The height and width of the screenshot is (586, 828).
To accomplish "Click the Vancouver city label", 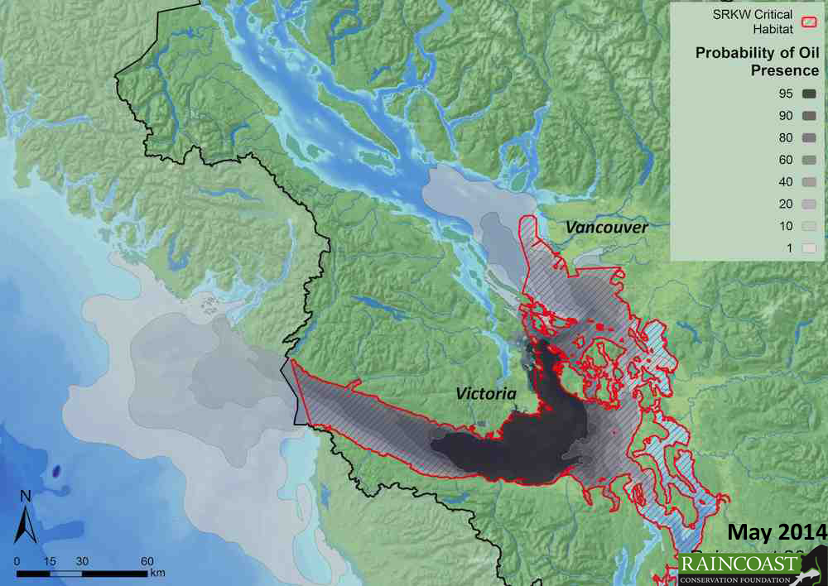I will point(607,227).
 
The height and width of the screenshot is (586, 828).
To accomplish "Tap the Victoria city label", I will point(487,394).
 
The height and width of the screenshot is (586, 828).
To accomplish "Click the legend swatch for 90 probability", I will point(809,117).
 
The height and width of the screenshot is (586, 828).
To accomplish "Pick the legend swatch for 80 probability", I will point(809,138).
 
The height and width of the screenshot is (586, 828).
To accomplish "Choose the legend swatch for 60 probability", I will point(809,160).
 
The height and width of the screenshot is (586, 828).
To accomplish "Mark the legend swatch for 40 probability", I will point(809,181).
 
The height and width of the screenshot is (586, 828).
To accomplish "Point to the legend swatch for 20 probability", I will point(809,203).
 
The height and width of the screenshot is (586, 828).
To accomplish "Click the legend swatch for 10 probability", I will point(809,224).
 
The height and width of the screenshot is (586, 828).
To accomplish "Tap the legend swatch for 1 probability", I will point(809,246).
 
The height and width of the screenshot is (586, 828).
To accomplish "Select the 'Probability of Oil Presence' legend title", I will point(757,62).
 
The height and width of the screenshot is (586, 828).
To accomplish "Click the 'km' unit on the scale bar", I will point(157,572).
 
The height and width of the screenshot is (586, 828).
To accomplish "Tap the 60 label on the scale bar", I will point(147,560).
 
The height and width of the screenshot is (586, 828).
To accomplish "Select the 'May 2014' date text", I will point(776,531).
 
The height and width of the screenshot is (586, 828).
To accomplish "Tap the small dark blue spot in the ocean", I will point(56,471).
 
